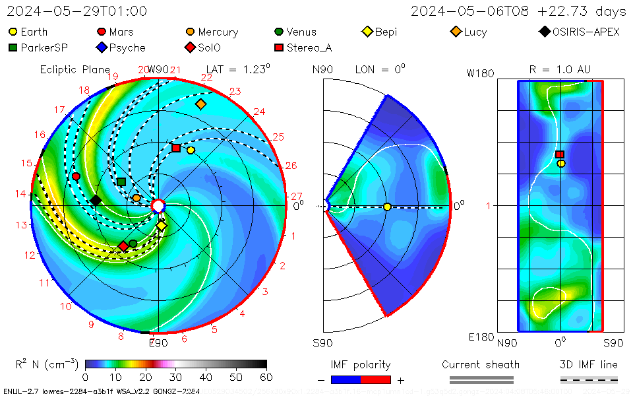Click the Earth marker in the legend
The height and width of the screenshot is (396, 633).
point(13,32)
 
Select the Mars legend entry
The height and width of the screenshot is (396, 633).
point(102,32)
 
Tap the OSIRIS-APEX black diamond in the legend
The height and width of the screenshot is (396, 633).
point(544,32)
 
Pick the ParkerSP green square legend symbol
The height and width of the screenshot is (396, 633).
point(13,48)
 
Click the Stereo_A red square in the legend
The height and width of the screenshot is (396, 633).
point(279,48)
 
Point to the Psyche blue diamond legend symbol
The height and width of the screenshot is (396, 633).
point(102,48)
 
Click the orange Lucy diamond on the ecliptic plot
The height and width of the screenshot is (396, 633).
point(201,104)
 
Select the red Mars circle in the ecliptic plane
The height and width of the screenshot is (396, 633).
point(76,176)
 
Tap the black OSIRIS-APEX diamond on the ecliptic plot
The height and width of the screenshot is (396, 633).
point(96,200)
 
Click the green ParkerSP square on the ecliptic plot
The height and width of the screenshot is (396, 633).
point(121,181)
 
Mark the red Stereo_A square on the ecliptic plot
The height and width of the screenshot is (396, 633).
point(176,148)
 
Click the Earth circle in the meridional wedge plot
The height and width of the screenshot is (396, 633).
point(387,207)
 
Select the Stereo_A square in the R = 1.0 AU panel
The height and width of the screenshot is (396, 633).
point(560,154)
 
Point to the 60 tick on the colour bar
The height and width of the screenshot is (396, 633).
point(266,378)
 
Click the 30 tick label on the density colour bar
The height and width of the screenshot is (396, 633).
point(175,378)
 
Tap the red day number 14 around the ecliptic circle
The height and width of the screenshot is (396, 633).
point(21,194)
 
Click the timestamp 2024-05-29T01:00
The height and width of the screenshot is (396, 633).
point(77,11)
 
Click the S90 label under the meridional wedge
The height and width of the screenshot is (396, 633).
point(322,343)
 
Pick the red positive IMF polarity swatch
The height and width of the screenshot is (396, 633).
point(376,379)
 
